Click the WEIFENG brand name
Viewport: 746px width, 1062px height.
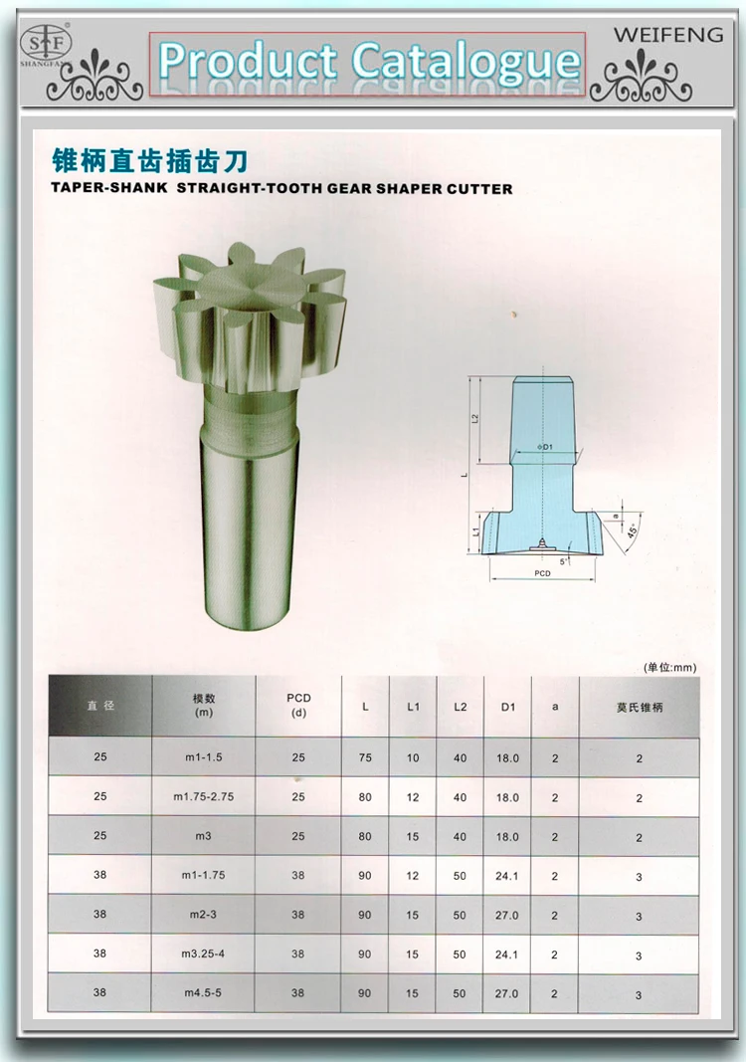668,35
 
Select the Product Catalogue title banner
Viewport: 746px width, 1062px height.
368,64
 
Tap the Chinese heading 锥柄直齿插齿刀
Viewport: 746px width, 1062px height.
149,161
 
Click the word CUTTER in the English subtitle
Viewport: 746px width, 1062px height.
479,189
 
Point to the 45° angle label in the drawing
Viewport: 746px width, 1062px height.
633,531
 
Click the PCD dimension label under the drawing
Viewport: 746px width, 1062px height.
542,573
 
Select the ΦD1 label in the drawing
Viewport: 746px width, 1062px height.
545,447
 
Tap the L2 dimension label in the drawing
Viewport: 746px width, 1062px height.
475,419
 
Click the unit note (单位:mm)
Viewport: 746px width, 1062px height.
669,667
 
